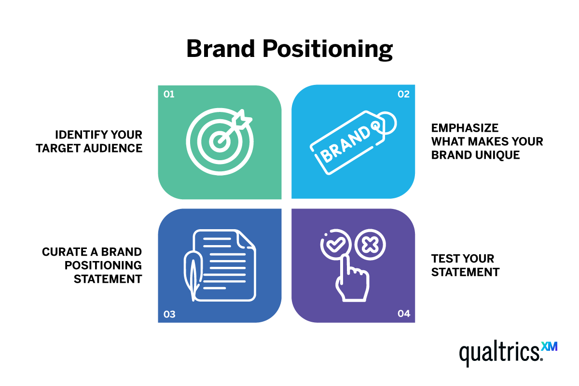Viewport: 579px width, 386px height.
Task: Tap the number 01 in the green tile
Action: [x=169, y=95]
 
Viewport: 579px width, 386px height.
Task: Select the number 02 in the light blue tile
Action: [x=403, y=95]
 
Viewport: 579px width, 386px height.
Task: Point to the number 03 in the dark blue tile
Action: [x=169, y=315]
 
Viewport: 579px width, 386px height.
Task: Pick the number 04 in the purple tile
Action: [x=403, y=314]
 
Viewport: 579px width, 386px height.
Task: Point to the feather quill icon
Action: [x=192, y=273]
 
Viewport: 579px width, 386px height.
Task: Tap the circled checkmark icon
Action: [x=333, y=246]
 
